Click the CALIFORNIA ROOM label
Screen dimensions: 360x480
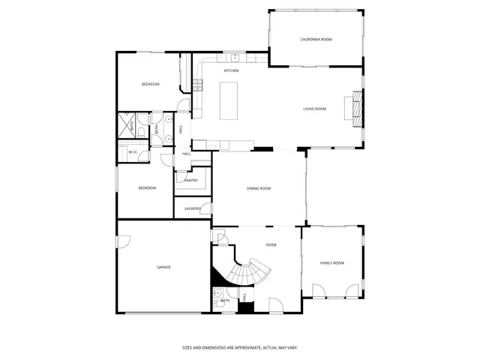316,39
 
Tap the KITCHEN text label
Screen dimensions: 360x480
231,70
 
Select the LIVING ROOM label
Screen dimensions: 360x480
314,109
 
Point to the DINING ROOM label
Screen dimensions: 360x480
259,188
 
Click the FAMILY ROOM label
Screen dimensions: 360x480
332,262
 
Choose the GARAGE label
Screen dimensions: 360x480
163,267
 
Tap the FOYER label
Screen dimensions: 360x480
271,245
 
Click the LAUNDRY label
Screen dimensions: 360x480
193,208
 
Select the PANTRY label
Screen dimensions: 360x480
191,180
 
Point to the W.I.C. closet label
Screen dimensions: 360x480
132,152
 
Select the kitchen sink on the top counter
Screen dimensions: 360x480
235,57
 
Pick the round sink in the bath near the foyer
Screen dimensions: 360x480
217,303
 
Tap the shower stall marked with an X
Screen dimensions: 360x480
125,125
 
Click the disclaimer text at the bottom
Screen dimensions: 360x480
239,347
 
